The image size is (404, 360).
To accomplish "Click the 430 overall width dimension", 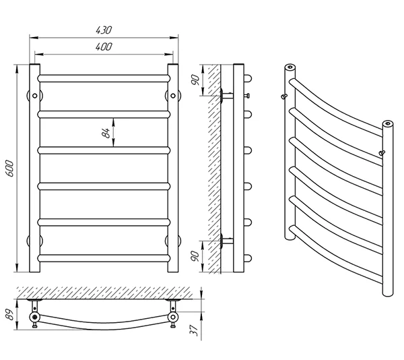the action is (x=104, y=30).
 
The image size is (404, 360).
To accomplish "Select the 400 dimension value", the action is (x=104, y=47).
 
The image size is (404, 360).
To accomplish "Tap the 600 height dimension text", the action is (x=9, y=168).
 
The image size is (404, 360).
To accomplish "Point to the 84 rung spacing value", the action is (x=106, y=133).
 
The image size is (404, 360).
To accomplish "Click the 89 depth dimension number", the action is (x=10, y=314).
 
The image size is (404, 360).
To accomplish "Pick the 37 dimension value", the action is (x=194, y=330).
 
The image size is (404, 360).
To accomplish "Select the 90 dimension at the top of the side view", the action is (x=196, y=80).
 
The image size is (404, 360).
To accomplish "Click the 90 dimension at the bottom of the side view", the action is (x=195, y=256).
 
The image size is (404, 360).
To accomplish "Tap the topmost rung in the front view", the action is (x=104, y=78).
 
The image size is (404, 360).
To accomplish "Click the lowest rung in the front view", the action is (x=104, y=258).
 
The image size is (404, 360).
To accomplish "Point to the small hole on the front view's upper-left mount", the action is (x=34, y=96).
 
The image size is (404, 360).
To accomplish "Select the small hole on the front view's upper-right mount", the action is (x=173, y=96).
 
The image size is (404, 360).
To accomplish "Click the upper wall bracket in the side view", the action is (x=226, y=96).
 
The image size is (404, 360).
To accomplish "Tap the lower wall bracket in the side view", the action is (x=226, y=241).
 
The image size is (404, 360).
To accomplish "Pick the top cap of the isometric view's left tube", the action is (x=290, y=67).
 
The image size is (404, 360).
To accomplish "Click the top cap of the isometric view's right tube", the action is (x=388, y=123).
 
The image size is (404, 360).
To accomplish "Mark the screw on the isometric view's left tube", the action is (x=284, y=96).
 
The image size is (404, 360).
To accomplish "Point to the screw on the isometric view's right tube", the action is (x=382, y=153).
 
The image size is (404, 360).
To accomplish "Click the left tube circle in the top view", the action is (x=34, y=317).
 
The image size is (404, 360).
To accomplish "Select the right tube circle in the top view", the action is (x=173, y=317).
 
